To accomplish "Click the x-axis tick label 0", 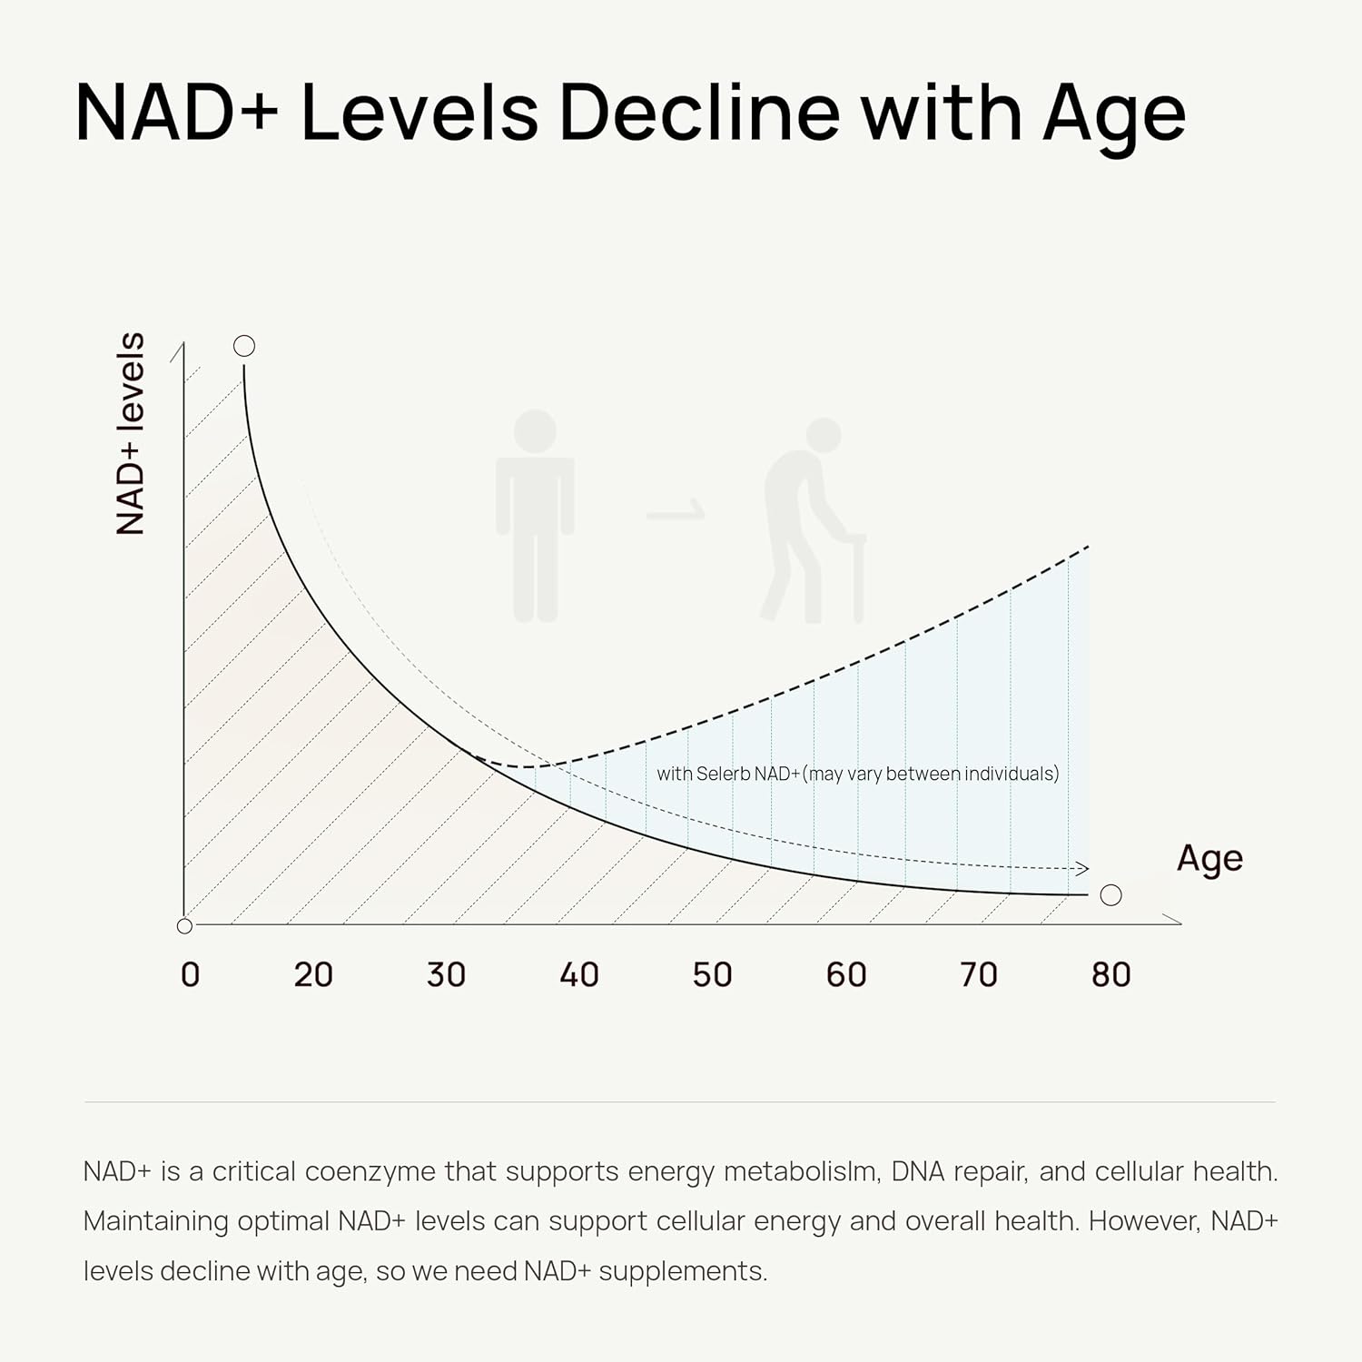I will (190, 974).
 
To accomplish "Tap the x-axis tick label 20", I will (313, 974).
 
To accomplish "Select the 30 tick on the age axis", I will (446, 974).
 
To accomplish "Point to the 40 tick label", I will (579, 974).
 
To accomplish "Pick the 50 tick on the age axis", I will (712, 974).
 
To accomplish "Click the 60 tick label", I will (845, 974).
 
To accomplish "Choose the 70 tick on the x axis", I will (978, 974).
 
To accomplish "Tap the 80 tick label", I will (1110, 974).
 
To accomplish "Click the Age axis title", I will (1209, 858).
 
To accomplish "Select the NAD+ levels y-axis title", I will (131, 433).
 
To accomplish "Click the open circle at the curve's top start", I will (244, 346).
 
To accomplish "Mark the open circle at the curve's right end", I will (1110, 895).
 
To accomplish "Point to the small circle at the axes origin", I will (184, 926).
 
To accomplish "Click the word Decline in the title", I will (700, 113).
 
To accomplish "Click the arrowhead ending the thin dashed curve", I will (1081, 869).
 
